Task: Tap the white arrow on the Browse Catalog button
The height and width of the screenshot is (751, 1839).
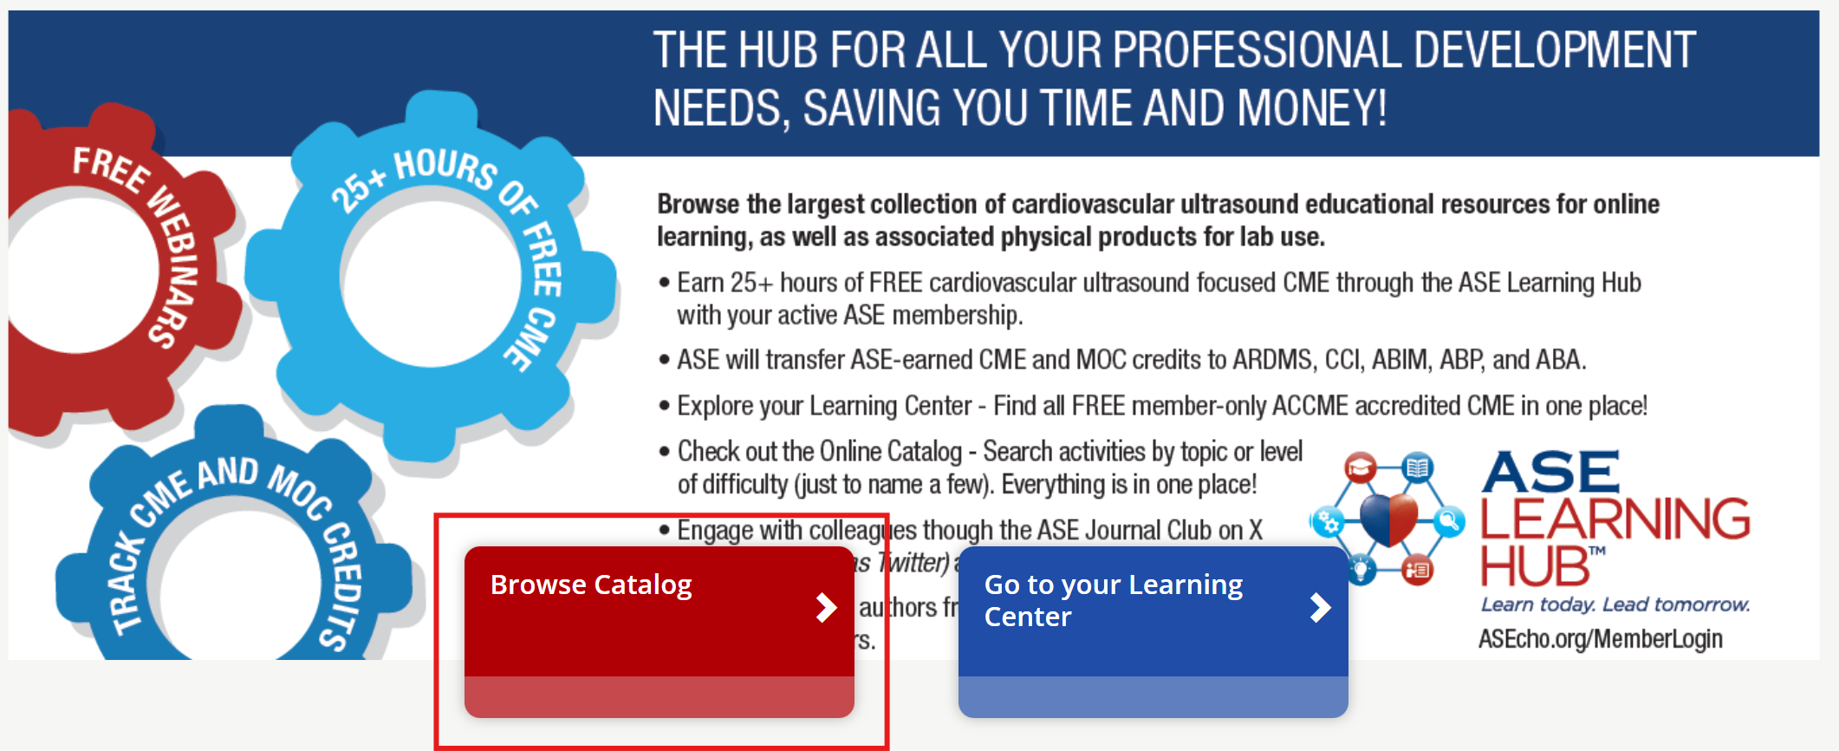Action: coord(826,608)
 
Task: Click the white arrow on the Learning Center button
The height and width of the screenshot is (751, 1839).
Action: coord(1320,608)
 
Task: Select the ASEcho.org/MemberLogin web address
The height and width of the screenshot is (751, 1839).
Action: coord(1600,639)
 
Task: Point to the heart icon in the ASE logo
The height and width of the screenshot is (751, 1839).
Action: coord(1388,519)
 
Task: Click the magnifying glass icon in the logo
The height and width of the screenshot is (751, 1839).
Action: coord(1447,521)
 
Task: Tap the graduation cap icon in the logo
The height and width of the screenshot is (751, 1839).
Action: coord(1360,469)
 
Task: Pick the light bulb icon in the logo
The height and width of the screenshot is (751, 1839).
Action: coord(1361,570)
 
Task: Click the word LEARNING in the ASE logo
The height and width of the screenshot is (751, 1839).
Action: coord(1615,519)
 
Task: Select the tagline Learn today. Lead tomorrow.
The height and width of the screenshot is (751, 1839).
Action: coord(1615,604)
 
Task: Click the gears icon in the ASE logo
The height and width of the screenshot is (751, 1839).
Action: coord(1329,522)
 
